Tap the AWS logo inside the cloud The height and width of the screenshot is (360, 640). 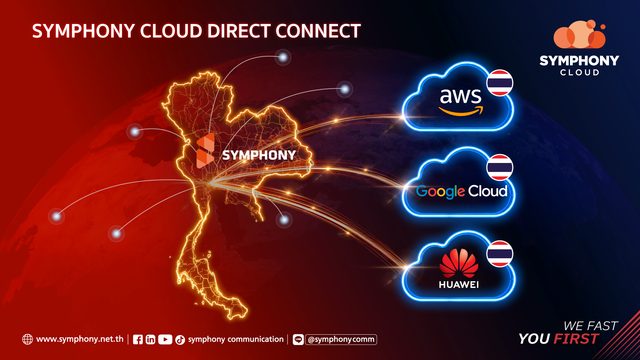461,101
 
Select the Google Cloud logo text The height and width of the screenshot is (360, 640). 462,191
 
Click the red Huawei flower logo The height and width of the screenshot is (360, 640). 459,264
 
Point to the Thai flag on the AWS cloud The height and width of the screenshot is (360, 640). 500,83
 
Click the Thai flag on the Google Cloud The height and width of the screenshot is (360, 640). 500,167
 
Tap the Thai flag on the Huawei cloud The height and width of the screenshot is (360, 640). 500,253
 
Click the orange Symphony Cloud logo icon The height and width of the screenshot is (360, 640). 580,34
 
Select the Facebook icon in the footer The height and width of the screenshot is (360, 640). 138,340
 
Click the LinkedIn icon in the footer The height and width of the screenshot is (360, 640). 151,340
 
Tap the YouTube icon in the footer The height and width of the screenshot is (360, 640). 165,340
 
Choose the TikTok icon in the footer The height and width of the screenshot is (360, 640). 180,340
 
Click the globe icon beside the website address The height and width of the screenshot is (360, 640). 27,339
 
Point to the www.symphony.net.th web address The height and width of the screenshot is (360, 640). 80,339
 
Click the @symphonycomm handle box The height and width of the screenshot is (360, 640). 341,340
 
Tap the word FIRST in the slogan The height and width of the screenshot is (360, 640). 576,339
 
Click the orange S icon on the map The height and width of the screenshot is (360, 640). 205,151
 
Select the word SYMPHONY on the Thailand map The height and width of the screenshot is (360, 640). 259,155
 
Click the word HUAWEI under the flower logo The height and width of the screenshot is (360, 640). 459,285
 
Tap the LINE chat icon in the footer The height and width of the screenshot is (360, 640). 298,340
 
